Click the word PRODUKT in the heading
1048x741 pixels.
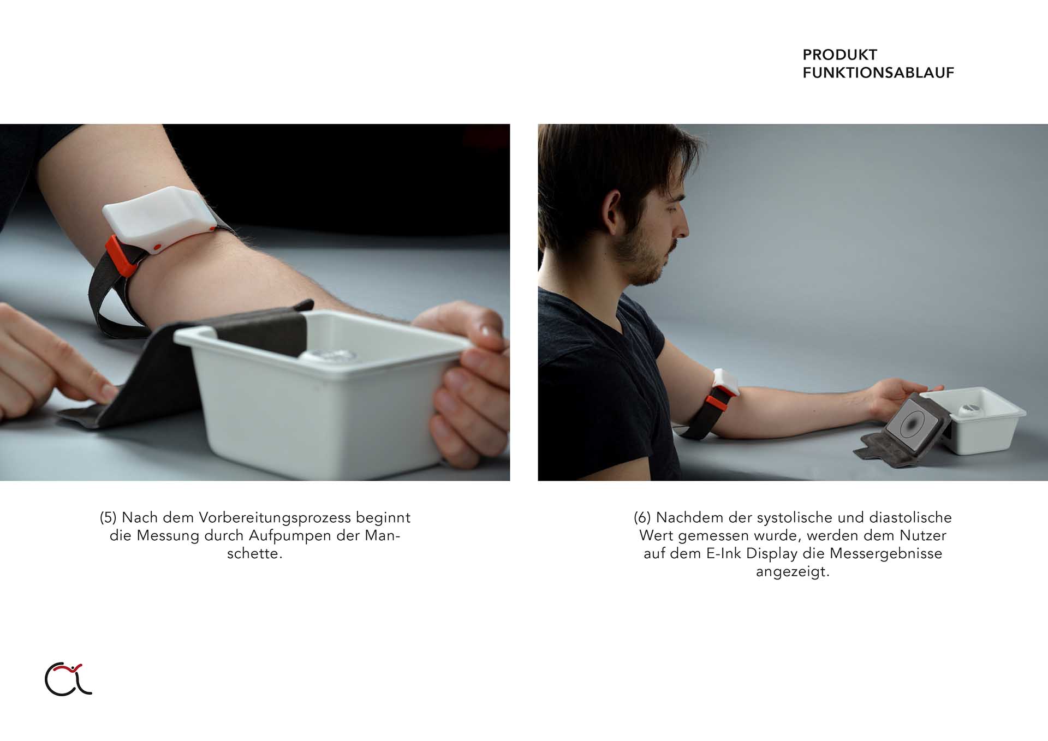click(839, 55)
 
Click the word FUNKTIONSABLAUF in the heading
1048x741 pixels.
click(878, 73)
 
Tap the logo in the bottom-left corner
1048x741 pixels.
click(68, 679)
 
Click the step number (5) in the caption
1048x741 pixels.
click(108, 517)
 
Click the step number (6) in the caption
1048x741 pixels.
click(642, 517)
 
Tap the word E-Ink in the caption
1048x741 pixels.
click(724, 553)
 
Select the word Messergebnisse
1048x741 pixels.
click(886, 554)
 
